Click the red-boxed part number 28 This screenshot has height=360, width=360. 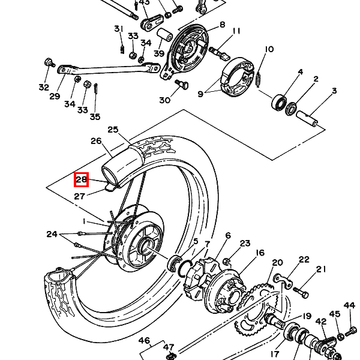point(81,179)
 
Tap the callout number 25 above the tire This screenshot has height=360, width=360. point(113,130)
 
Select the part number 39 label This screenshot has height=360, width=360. point(159,53)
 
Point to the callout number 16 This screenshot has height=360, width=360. point(260,253)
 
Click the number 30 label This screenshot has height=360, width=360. point(165,100)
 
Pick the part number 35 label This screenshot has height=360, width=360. point(95,116)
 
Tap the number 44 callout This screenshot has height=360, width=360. point(349,305)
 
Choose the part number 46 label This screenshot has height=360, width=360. point(145,340)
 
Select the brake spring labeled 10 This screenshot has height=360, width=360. point(259,80)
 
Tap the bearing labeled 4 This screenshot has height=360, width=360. point(279,102)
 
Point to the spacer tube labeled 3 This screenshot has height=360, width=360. point(307,118)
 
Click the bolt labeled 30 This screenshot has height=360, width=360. point(182,84)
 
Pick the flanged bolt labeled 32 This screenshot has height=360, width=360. point(49,62)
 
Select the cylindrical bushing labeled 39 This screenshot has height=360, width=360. point(164,35)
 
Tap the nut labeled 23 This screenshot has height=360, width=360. point(227,262)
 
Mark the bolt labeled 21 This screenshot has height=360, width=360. point(301,292)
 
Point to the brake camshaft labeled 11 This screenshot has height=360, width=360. point(219,53)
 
